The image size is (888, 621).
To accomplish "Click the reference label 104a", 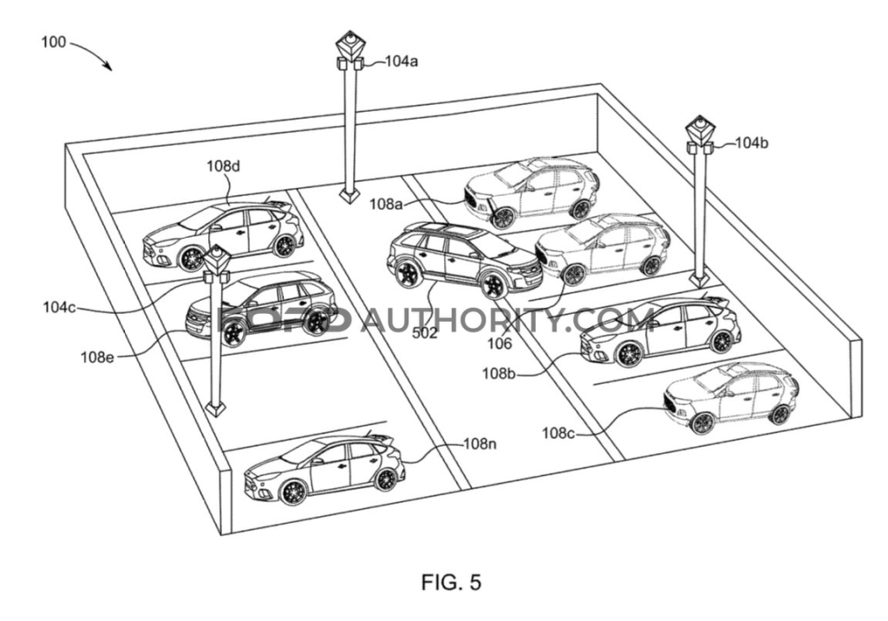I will (401, 62).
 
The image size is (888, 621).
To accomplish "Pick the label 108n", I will (480, 444).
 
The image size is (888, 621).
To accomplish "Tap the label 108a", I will (387, 205).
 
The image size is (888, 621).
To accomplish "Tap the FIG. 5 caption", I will (451, 582).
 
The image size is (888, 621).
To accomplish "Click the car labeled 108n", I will (325, 469).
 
